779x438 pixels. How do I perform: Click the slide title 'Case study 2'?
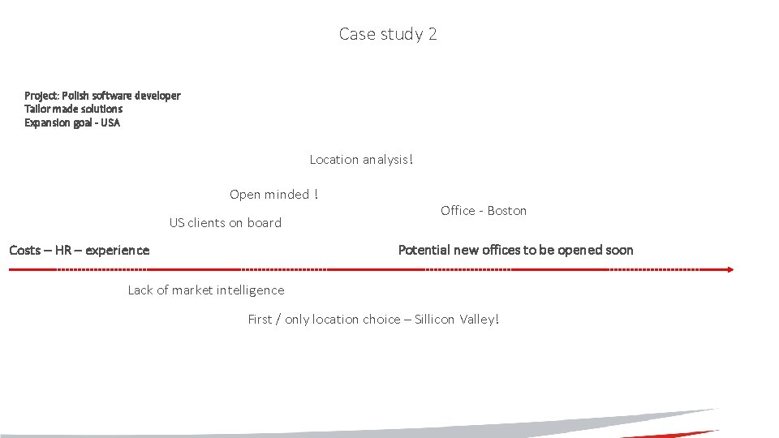tap(388, 34)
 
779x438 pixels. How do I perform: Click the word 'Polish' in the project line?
tap(75, 96)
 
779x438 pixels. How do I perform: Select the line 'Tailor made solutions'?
tap(73, 109)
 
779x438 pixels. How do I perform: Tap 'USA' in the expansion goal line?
tap(110, 122)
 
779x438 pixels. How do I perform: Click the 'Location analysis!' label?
tap(361, 160)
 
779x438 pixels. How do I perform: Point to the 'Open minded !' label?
tap(273, 195)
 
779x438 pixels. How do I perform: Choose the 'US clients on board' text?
tap(225, 223)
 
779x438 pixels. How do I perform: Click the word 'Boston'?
tap(507, 211)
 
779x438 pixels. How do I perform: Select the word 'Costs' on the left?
tap(24, 250)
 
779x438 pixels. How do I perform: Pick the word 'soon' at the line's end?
tap(618, 250)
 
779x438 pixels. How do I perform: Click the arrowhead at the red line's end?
tap(730, 269)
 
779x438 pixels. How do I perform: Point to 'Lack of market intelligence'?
tap(206, 290)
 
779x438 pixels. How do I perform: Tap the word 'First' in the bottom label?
tap(260, 320)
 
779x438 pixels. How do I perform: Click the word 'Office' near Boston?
tap(458, 211)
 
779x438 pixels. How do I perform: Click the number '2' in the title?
tap(433, 34)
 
